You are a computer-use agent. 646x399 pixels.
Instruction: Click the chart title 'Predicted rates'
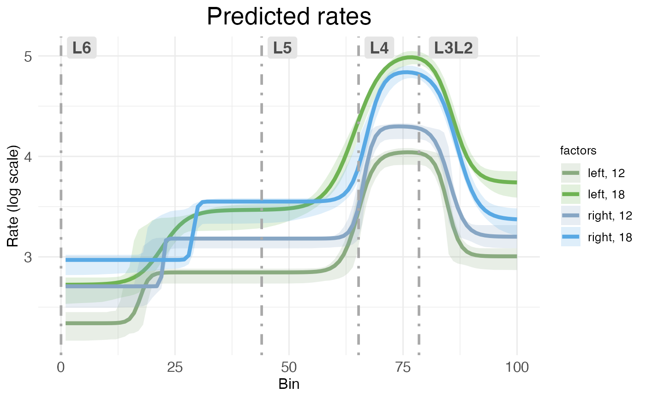(289, 17)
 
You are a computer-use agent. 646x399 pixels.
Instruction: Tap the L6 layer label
(82, 48)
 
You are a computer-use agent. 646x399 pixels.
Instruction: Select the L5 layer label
(282, 48)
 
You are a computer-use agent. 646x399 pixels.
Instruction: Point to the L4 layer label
(379, 48)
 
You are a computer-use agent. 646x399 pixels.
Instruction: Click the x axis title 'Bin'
(289, 384)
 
